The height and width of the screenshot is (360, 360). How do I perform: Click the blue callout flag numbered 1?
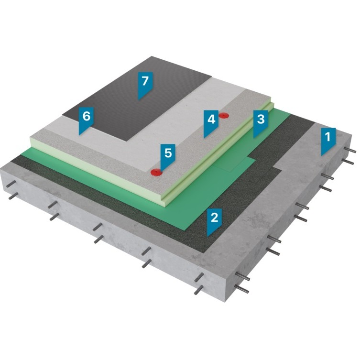328,140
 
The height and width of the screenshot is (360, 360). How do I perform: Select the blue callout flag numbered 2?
215,220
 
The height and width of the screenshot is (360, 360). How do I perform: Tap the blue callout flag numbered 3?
261,122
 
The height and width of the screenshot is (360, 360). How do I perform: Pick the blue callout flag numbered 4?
211,122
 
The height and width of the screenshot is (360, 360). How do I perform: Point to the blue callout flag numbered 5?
168,156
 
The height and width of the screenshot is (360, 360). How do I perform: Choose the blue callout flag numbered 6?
87,119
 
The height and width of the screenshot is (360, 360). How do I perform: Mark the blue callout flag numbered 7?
145,84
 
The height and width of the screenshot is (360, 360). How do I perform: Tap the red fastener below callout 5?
156,172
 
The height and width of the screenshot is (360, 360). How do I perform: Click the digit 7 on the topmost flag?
145,81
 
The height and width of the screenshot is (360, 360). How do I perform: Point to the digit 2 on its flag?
215,217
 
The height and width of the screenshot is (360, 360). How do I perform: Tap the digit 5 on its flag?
168,153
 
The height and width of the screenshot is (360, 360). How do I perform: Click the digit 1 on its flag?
328,137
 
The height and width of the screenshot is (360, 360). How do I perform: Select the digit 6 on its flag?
87,116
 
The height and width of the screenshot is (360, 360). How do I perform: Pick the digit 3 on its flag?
261,119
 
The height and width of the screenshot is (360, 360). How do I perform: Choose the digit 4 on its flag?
211,119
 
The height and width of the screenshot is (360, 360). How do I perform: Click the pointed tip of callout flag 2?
207,236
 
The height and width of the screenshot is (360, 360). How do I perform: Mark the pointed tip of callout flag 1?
321,156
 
